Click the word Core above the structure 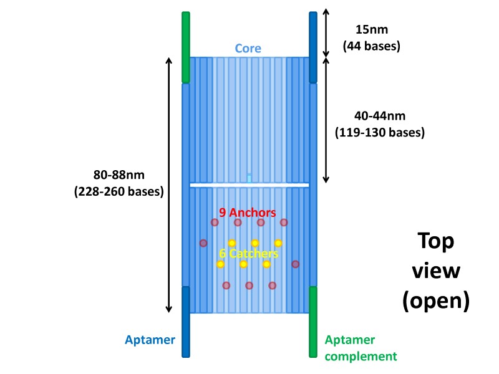click(248, 48)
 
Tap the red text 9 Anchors click(249, 212)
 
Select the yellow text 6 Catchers click(248, 254)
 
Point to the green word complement click(361, 356)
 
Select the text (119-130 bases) click(380, 132)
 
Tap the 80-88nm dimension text click(119, 176)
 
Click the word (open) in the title click(435, 300)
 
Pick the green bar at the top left click(185, 47)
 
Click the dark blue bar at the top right click(313, 47)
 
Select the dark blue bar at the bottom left click(185, 322)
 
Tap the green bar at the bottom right click(313, 322)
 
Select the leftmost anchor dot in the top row click(215, 222)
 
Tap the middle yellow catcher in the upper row click(254, 242)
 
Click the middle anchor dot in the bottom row click(249, 285)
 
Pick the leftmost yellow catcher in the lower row click(220, 264)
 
